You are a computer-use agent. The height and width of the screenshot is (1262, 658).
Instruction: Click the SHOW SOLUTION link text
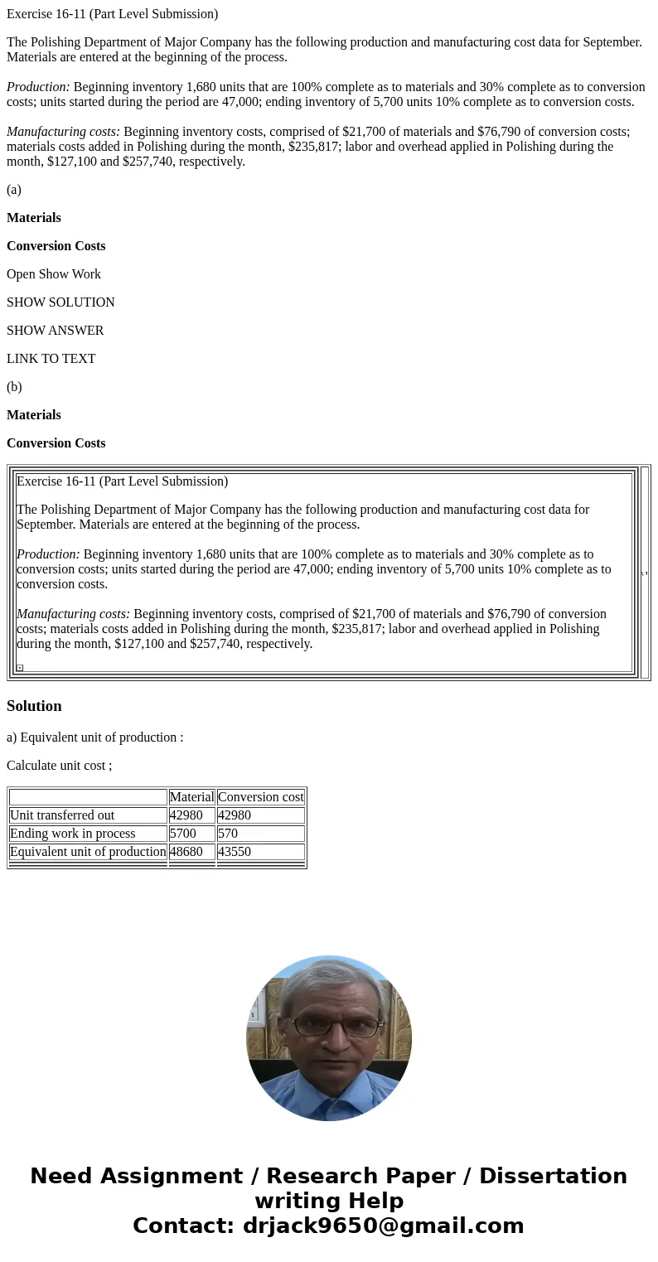click(60, 302)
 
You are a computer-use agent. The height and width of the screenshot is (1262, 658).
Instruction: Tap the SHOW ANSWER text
click(55, 331)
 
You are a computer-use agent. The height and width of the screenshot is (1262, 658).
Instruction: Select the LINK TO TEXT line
click(51, 359)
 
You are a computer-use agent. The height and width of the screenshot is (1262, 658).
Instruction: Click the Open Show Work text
click(53, 274)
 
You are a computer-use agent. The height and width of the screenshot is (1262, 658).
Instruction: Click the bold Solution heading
click(34, 706)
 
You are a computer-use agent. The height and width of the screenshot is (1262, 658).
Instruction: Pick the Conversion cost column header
click(260, 797)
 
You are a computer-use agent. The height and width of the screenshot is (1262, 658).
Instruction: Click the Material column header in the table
click(191, 797)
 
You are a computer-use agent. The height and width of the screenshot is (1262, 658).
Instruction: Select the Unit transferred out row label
click(62, 815)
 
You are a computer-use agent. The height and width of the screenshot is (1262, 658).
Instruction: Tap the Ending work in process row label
click(72, 834)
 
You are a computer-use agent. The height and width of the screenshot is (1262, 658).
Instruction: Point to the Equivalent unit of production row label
click(88, 852)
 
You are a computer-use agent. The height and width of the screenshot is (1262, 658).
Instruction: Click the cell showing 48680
click(186, 852)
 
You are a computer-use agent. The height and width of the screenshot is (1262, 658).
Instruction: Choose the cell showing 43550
click(235, 852)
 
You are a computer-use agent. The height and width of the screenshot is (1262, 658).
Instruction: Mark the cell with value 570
click(228, 834)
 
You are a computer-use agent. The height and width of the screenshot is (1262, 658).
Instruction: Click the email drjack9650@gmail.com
click(383, 1226)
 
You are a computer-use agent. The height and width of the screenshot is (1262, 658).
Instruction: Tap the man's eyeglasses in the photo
click(336, 1027)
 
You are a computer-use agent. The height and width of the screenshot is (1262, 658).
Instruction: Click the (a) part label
click(14, 190)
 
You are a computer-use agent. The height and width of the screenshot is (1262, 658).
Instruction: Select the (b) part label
click(14, 387)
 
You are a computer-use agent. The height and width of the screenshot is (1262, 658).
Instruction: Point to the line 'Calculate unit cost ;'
click(59, 766)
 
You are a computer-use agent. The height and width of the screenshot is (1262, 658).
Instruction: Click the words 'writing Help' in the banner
click(329, 1202)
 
